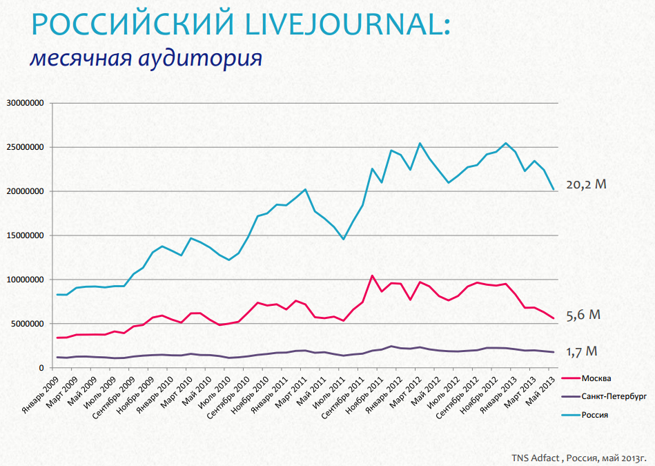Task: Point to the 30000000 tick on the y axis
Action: point(25,103)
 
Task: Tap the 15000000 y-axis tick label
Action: point(25,235)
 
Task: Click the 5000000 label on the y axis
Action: point(27,324)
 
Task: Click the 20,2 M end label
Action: point(586,184)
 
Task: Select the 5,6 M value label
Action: point(583,315)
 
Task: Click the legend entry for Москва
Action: point(596,378)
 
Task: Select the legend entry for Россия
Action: point(596,415)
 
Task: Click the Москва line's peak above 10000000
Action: point(372,276)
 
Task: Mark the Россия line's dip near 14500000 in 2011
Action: point(344,239)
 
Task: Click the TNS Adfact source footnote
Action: point(578,457)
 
